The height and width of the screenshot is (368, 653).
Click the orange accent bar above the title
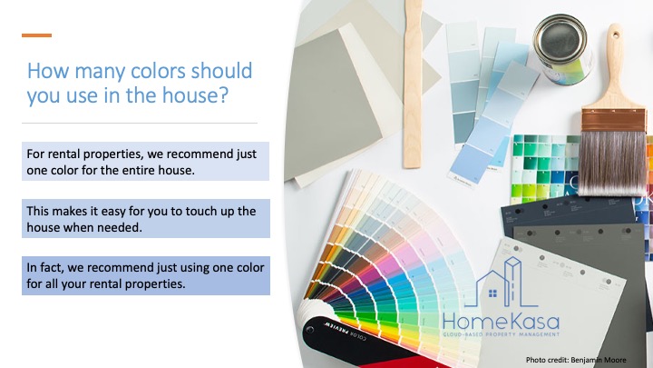tap(36, 35)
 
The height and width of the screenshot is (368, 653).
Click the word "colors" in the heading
tap(158, 71)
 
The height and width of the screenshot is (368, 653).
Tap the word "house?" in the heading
tap(195, 94)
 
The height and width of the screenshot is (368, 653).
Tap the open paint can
tap(562, 48)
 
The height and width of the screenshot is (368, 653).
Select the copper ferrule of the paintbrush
tap(614, 120)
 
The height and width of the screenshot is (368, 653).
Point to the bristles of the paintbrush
tap(614, 163)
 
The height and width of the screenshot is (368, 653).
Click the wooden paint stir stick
tap(413, 84)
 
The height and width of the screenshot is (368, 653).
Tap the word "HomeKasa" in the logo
tap(501, 322)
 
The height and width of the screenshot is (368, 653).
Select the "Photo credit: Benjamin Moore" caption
tap(576, 360)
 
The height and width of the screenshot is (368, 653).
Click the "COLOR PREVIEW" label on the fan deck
tap(346, 331)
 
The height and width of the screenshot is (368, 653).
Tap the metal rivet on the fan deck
tap(310, 330)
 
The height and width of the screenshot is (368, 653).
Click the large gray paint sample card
tap(332, 104)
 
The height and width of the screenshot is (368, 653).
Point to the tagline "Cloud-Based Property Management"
tap(501, 334)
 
